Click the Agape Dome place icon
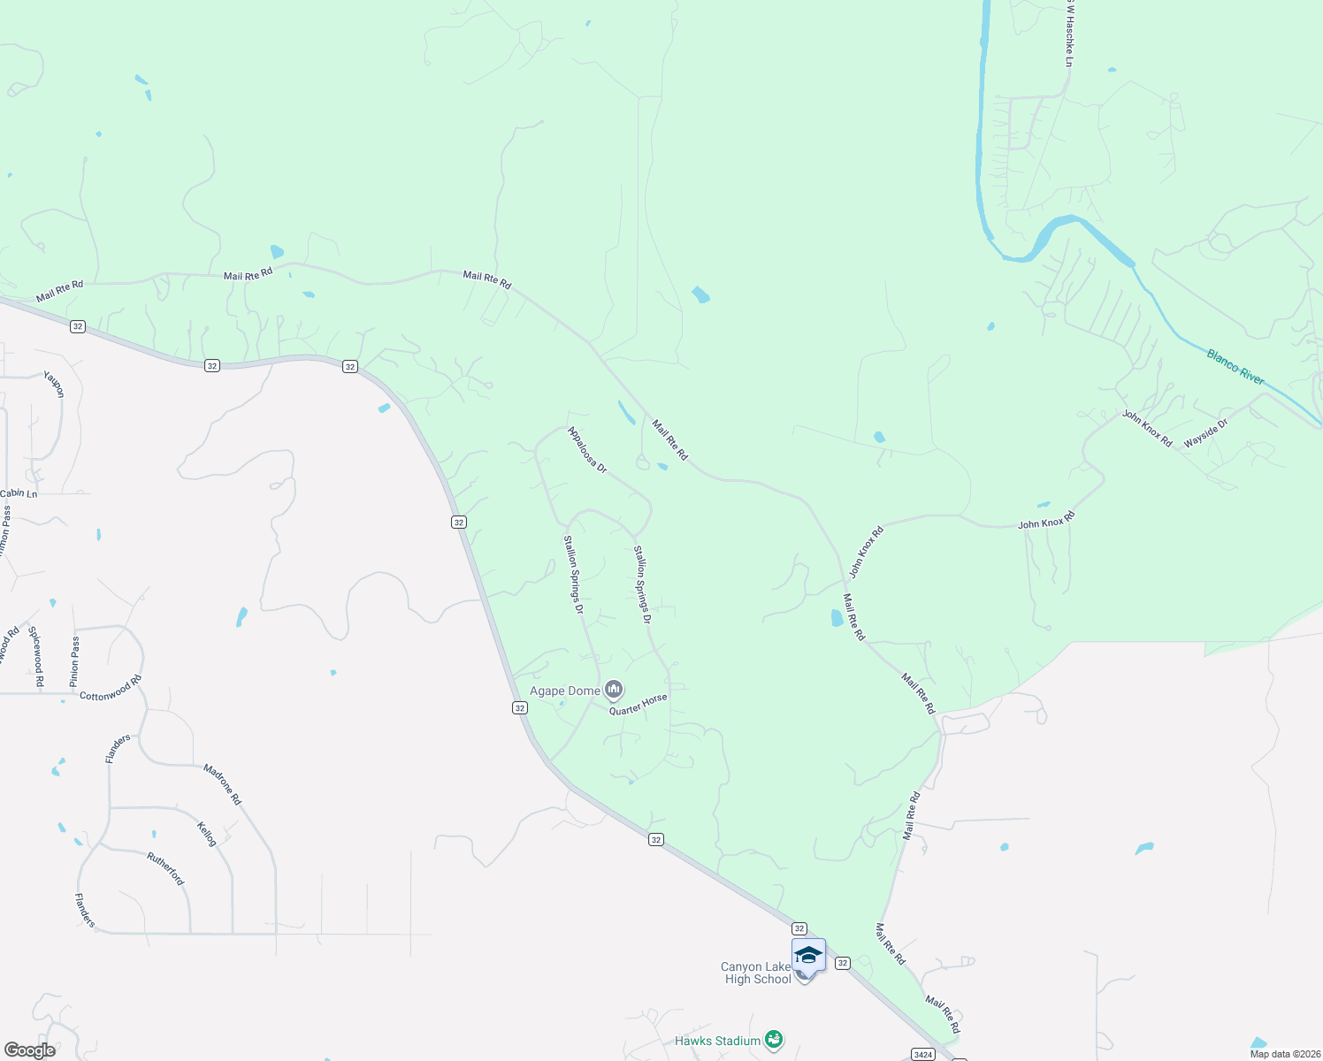614,690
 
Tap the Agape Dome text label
564,691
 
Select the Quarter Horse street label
638,704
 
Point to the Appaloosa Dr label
587,450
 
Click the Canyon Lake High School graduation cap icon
808,956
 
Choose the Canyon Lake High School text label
756,973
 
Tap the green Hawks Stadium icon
774,1039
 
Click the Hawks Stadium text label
717,1041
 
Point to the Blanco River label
1235,367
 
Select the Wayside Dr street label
1206,433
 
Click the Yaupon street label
55,384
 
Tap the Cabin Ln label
19,493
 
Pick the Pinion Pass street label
75,661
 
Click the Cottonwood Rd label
111,689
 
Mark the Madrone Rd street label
222,784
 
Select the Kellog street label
207,834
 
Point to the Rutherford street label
165,868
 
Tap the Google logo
30,1050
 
